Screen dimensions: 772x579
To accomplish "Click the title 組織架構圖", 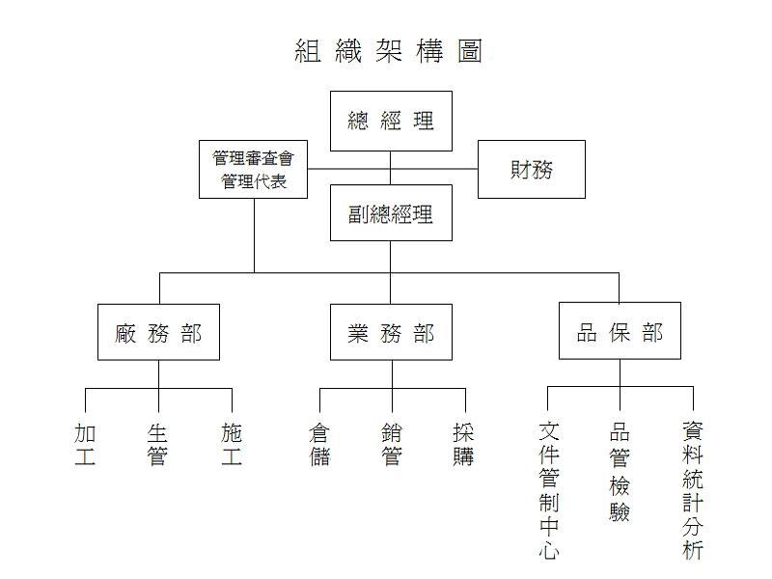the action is click(x=388, y=51).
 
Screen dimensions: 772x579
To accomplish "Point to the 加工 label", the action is click(x=85, y=445).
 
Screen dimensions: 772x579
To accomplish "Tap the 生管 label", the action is click(x=157, y=445).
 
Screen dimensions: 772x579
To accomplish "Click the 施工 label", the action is click(x=232, y=445).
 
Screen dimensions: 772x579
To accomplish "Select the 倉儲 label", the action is click(x=319, y=445).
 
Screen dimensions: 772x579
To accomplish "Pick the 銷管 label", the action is click(x=392, y=445).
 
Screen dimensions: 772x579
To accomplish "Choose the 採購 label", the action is click(x=464, y=445).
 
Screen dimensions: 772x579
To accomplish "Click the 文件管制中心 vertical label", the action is click(x=548, y=490).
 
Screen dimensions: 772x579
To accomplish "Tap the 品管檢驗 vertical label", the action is click(x=620, y=472).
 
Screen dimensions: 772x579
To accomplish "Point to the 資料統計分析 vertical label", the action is click(x=693, y=490).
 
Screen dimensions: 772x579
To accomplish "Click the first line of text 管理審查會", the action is click(x=253, y=158).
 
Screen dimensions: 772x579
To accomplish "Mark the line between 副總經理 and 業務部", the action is click(x=391, y=272).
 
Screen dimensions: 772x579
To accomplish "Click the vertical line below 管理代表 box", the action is click(x=254, y=235).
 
